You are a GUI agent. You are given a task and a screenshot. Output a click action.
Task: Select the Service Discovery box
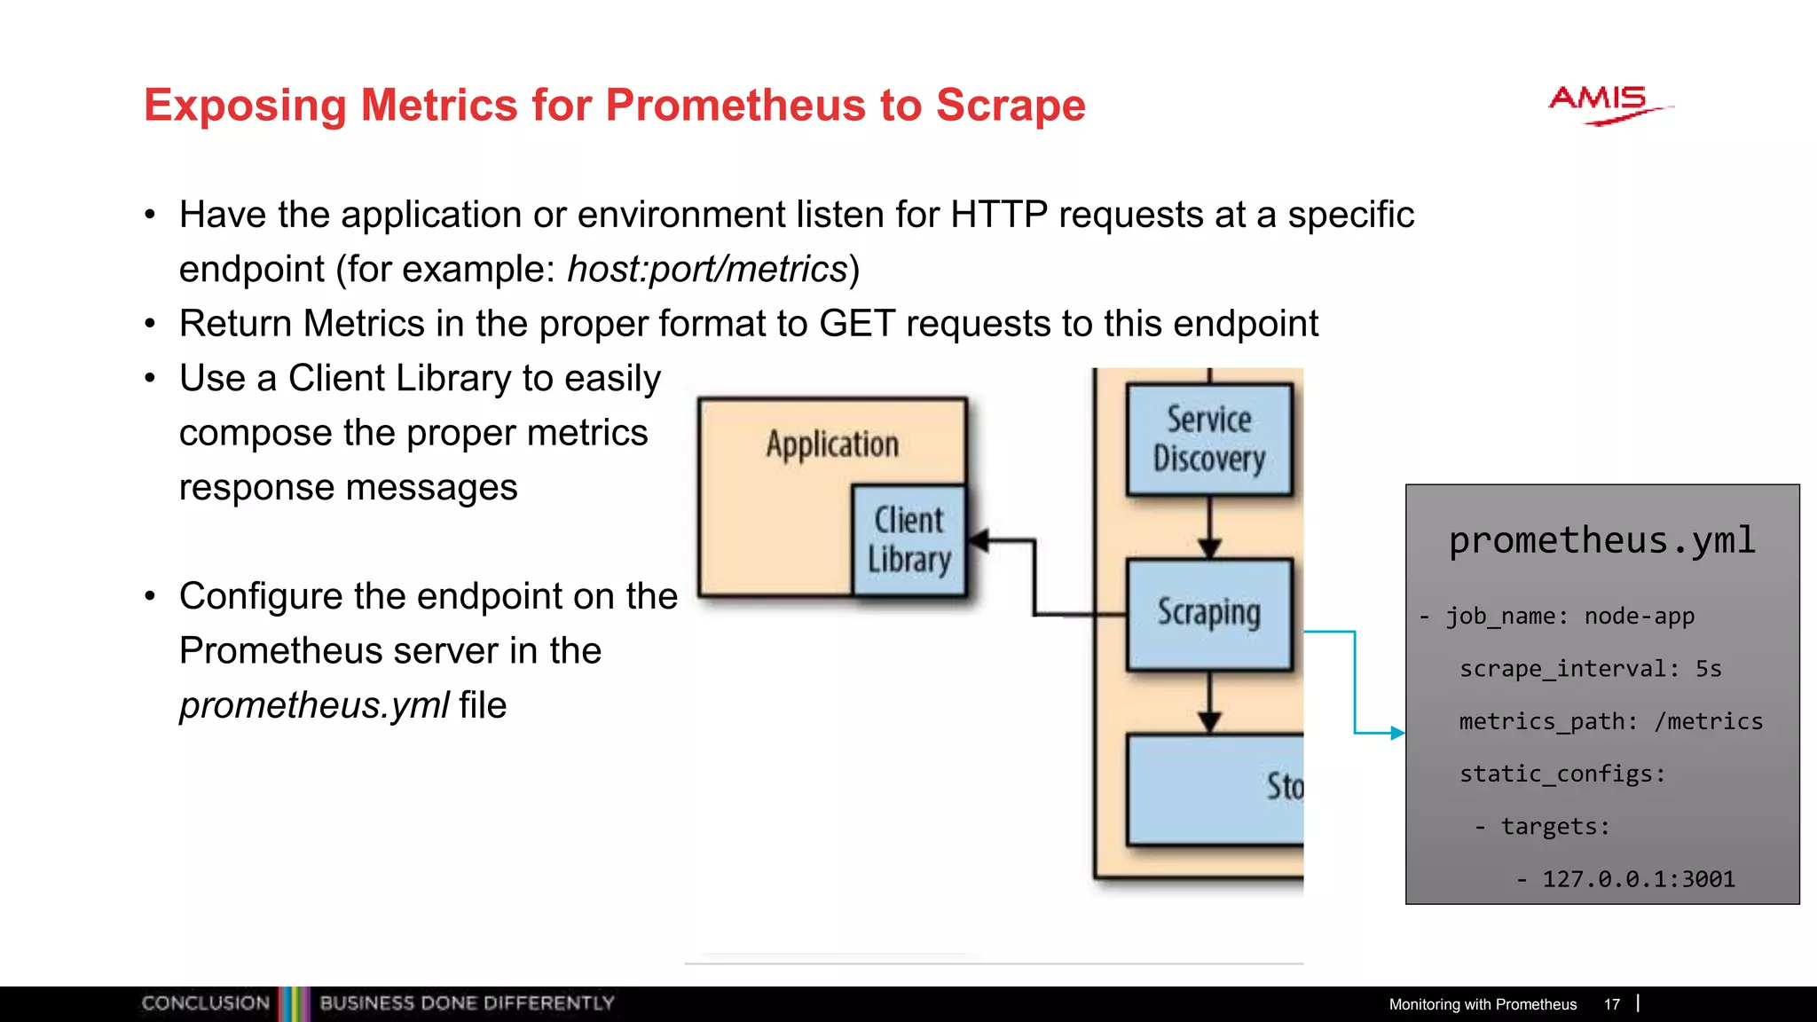(1208, 439)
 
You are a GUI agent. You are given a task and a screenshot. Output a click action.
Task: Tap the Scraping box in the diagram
(1208, 613)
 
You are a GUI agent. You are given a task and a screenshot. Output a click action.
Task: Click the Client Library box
(908, 539)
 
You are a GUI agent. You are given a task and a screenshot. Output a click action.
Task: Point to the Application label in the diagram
(832, 444)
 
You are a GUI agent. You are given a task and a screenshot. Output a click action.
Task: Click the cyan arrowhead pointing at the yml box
(1397, 733)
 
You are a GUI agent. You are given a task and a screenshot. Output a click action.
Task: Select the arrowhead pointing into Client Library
(979, 539)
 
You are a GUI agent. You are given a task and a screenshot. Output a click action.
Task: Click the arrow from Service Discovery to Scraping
(1209, 527)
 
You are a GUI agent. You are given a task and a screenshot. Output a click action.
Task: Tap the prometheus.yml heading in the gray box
(1601, 540)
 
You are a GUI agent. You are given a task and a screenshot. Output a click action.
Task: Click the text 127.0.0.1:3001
(1638, 878)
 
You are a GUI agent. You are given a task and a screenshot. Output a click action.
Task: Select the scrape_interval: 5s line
(1590, 668)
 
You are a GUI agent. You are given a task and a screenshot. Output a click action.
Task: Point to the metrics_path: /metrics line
(1610, 721)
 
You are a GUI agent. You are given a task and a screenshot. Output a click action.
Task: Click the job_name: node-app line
(1569, 616)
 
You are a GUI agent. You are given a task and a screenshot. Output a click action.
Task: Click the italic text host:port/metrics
(707, 269)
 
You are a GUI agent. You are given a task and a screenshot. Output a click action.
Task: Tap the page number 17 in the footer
(1611, 1004)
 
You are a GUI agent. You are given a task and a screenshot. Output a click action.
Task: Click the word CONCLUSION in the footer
(205, 1003)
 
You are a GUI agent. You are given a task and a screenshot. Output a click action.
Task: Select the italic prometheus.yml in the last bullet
(314, 705)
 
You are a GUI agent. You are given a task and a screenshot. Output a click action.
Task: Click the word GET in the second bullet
(856, 324)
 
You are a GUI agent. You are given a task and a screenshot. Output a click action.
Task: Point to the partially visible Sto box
(1215, 789)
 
